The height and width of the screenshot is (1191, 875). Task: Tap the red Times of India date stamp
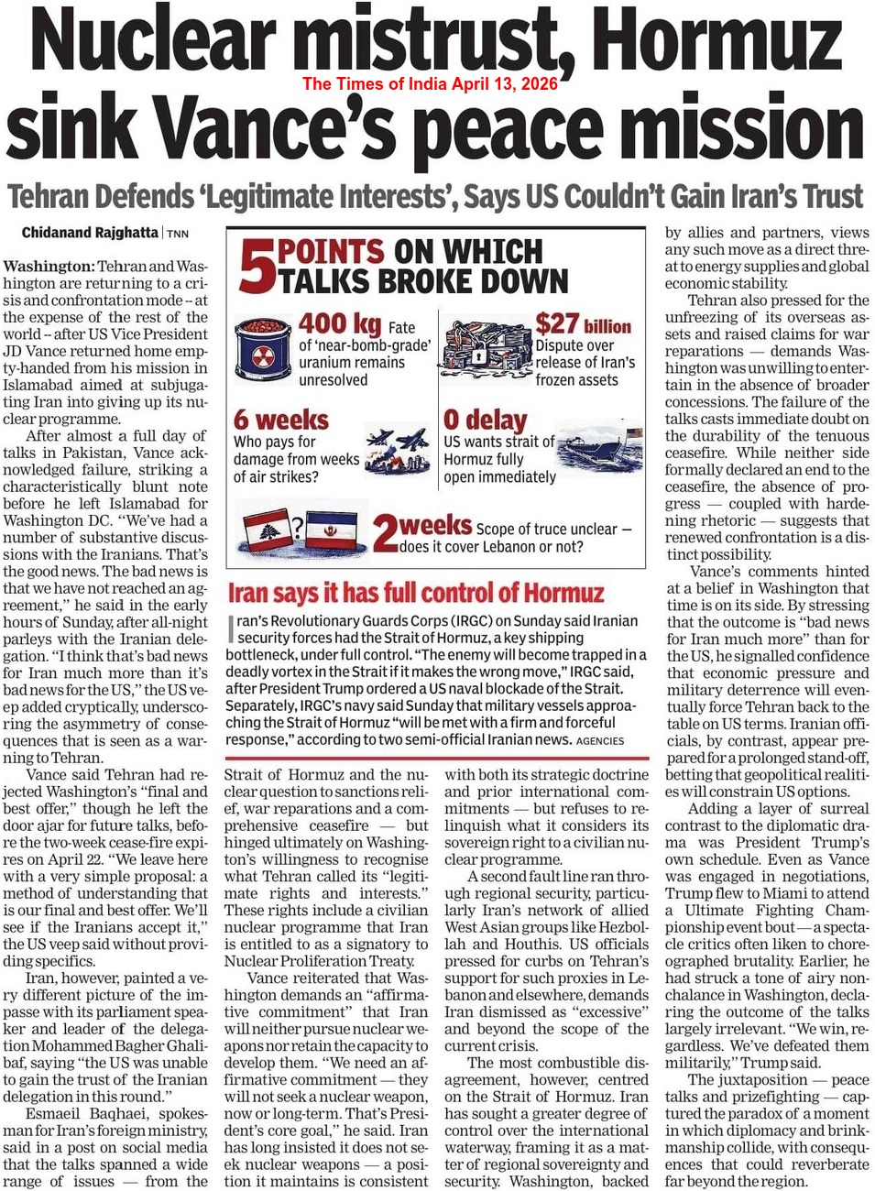(430, 84)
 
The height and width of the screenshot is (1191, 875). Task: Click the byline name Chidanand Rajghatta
(90, 233)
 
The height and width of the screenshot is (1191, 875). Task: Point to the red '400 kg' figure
(339, 323)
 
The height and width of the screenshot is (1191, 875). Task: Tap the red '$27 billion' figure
(583, 324)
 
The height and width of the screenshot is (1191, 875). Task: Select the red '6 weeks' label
(280, 420)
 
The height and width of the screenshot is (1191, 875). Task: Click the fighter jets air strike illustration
(399, 449)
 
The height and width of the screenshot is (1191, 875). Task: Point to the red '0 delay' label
(485, 420)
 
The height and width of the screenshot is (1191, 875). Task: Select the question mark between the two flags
(297, 527)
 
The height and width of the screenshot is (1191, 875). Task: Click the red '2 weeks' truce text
(423, 529)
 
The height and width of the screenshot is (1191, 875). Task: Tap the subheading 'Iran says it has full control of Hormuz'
(416, 593)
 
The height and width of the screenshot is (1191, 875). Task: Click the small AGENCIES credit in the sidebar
(600, 740)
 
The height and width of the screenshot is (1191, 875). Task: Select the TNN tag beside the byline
(178, 234)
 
